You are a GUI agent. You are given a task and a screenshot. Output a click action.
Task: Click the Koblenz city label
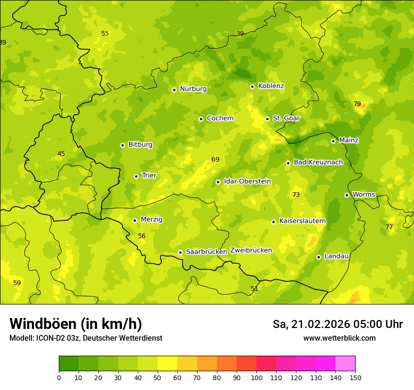pyautogui.click(x=271, y=86)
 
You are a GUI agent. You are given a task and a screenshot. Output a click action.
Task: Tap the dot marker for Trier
pyautogui.click(x=136, y=176)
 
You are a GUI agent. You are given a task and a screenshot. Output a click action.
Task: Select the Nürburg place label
pyautogui.click(x=193, y=89)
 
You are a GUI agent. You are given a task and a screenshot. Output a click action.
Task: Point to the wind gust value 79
pyautogui.click(x=357, y=104)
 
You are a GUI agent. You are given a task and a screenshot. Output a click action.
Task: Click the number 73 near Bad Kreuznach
pyautogui.click(x=296, y=195)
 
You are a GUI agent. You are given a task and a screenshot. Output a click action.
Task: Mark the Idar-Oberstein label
pyautogui.click(x=247, y=181)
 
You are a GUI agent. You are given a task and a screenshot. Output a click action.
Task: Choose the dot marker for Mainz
pyautogui.click(x=333, y=141)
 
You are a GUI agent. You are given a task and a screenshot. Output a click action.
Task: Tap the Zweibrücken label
pyautogui.click(x=251, y=250)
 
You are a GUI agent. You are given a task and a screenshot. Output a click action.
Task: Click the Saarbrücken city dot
pyautogui.click(x=180, y=252)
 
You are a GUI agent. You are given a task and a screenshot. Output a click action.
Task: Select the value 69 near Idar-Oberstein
pyautogui.click(x=215, y=160)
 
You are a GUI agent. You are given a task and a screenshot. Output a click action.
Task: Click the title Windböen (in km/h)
pyautogui.click(x=76, y=324)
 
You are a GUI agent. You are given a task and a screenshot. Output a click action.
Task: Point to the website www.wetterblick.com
pyautogui.click(x=339, y=338)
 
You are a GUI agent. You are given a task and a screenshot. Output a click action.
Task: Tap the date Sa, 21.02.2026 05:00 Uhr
pyautogui.click(x=337, y=324)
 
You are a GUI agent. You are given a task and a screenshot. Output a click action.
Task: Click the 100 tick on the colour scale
pyautogui.click(x=256, y=377)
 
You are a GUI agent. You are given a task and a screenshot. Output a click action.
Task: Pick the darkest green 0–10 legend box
pyautogui.click(x=69, y=364)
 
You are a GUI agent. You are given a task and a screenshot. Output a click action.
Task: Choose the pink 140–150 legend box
pyautogui.click(x=345, y=364)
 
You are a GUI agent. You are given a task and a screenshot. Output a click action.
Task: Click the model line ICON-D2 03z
pyautogui.click(x=86, y=338)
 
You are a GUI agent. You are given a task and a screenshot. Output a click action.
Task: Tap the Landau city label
pyautogui.click(x=336, y=256)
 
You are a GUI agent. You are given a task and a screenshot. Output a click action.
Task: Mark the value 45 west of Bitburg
pyautogui.click(x=61, y=154)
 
